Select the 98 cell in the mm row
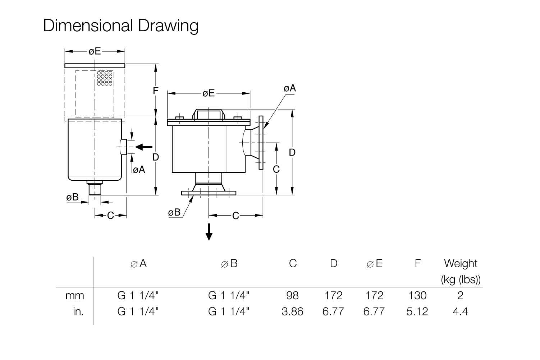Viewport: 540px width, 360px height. pos(292,295)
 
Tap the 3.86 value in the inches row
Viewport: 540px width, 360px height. pos(292,311)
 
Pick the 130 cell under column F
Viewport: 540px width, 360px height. pos(417,295)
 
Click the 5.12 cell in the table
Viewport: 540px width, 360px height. pos(417,311)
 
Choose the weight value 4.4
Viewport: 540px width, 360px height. pos(460,311)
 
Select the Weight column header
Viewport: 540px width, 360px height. pos(461,263)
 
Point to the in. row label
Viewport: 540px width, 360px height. pos(79,311)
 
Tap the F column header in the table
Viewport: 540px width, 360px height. pos(418,263)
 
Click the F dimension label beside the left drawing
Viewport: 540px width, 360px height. pos(156,91)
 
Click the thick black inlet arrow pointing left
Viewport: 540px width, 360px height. pos(144,147)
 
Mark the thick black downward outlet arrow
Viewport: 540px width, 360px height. pos(209,232)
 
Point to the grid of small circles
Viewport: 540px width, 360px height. pos(105,78)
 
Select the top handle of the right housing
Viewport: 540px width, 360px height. pos(209,114)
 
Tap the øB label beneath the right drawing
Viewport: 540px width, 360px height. pos(174,212)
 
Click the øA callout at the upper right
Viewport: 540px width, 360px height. pos(290,88)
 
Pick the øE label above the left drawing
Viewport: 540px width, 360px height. pos(95,51)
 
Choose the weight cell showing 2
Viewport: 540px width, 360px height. pos(460,295)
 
